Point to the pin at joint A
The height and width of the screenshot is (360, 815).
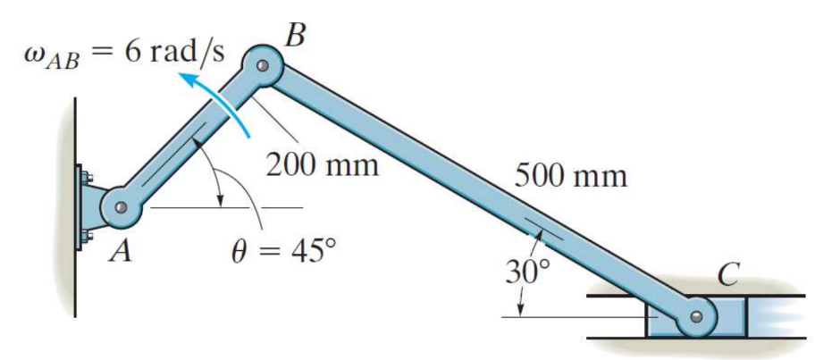(x=122, y=208)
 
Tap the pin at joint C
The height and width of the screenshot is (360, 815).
(x=699, y=315)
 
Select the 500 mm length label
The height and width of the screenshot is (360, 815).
(x=570, y=175)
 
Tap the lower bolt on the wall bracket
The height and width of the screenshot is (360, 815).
(x=86, y=236)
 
